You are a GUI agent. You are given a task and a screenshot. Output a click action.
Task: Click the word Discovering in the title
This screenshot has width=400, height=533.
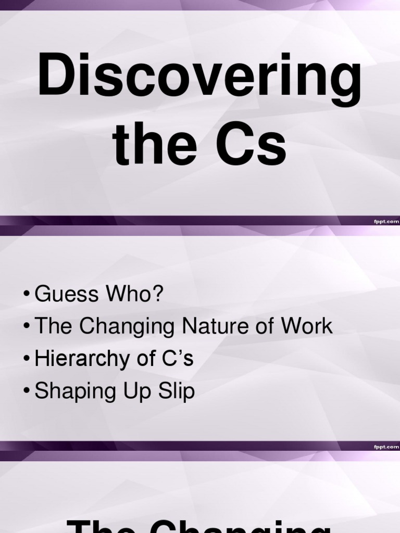pyautogui.click(x=199, y=79)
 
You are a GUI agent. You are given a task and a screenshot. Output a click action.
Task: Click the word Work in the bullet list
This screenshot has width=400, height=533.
pyautogui.click(x=306, y=326)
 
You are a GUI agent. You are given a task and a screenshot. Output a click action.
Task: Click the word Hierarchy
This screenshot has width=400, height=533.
pyautogui.click(x=83, y=359)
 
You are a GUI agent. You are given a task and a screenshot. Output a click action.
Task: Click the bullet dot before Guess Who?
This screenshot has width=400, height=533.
pyautogui.click(x=27, y=295)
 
